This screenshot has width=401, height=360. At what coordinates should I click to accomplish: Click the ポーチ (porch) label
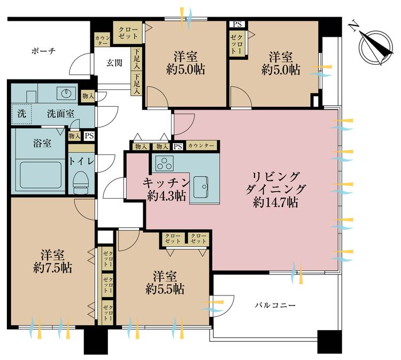click(x=43, y=51)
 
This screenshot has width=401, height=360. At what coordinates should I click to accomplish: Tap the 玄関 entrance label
click(x=114, y=63)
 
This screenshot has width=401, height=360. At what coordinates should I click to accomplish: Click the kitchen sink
click(x=200, y=187)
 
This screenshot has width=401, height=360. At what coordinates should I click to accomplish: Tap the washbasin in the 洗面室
click(x=66, y=93)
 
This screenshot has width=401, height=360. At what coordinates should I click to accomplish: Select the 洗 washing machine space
click(x=21, y=114)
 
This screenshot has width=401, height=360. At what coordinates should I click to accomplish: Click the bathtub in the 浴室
click(x=41, y=175)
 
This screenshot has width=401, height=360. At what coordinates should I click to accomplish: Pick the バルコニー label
click(x=275, y=305)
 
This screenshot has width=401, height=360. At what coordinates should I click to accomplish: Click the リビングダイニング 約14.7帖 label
click(x=276, y=189)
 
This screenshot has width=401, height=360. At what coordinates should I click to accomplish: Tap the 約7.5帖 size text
click(x=53, y=268)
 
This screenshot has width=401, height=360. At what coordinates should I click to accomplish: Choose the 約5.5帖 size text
click(x=165, y=289)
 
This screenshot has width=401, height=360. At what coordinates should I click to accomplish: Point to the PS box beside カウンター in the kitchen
click(x=178, y=147)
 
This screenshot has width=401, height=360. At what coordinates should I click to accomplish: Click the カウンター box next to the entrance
click(x=103, y=40)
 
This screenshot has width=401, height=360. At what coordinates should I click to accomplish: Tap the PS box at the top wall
click(x=237, y=24)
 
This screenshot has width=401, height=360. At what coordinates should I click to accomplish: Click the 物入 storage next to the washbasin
click(x=88, y=96)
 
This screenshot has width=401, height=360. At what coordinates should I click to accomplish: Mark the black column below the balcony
click(x=329, y=342)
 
